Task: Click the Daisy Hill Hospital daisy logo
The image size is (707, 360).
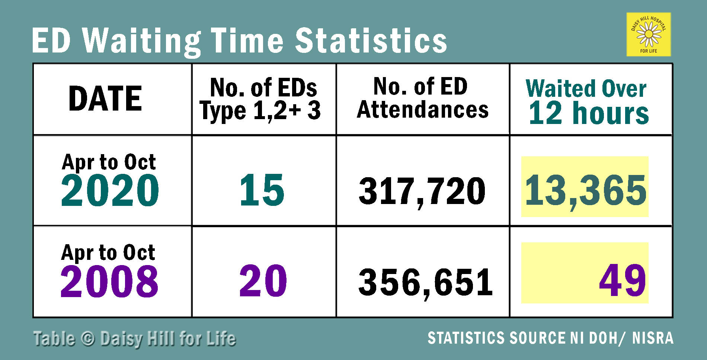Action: (649, 34)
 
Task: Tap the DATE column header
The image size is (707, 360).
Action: (105, 99)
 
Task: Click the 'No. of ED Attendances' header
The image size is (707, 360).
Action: (422, 98)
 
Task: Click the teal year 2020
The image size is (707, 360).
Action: (110, 191)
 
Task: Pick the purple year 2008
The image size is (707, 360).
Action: (109, 281)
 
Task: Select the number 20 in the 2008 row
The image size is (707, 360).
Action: (263, 281)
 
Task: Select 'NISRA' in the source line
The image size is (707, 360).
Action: (653, 338)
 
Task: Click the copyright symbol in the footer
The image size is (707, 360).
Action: (88, 339)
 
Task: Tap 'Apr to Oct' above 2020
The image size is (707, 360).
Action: (109, 162)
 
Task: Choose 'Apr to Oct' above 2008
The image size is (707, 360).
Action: (108, 253)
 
